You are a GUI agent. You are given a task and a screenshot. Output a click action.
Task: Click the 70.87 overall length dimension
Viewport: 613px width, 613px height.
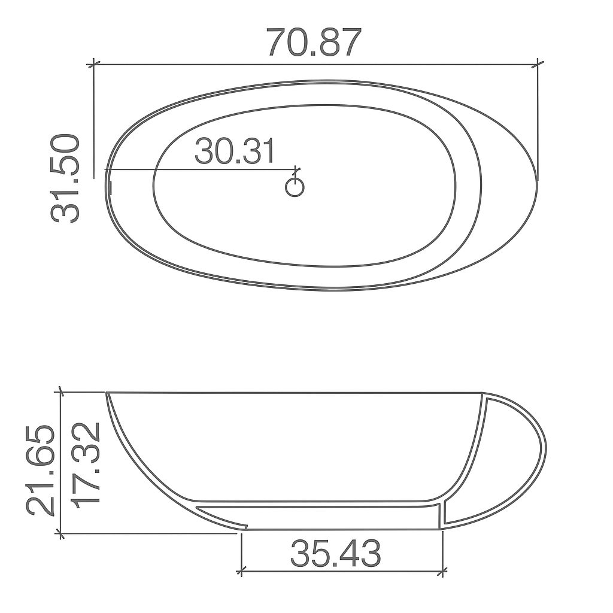[x=314, y=42]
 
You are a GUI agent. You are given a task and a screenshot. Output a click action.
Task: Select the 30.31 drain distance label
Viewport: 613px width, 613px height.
[x=235, y=151]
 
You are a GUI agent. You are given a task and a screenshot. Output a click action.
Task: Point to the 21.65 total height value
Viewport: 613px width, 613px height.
[x=41, y=471]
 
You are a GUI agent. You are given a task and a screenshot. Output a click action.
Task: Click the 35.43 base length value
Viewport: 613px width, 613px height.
[x=336, y=554]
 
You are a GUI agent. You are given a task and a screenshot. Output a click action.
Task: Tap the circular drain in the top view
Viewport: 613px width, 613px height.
[x=295, y=187]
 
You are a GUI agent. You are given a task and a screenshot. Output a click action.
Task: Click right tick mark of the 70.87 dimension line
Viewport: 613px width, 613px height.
[x=539, y=62]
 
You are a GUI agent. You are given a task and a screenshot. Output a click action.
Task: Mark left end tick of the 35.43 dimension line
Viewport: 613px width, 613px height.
[x=241, y=572]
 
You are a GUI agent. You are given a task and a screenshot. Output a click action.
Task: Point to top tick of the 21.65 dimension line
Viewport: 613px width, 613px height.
[x=59, y=392]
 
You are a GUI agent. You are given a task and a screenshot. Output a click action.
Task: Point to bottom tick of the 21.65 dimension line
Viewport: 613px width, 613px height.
[x=59, y=533]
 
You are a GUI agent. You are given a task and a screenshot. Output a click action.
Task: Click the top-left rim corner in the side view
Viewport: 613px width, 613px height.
[x=108, y=393]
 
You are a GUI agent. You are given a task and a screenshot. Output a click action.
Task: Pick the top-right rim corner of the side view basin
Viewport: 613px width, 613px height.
[x=482, y=394]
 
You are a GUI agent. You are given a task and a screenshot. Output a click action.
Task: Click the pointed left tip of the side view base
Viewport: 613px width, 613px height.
[x=245, y=527]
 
